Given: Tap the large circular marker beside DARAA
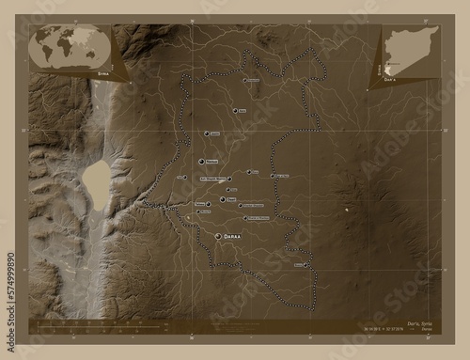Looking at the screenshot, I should coord(218,238).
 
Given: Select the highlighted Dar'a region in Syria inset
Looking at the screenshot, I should coord(391,58).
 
